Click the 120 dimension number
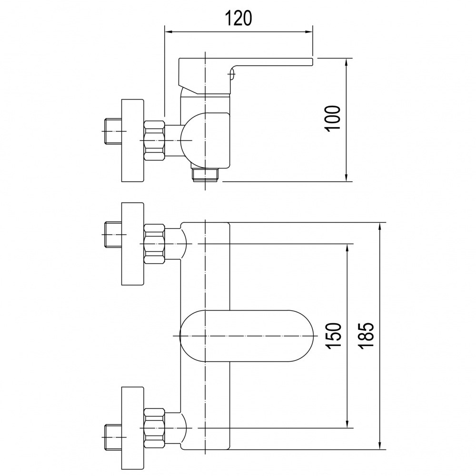point(238,19)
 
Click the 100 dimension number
point(332,119)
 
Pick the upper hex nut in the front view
point(154,243)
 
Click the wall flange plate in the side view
point(132,140)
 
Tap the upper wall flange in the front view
point(132,244)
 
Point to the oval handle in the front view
point(246,336)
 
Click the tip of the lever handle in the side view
point(312,61)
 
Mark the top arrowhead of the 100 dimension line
point(347,61)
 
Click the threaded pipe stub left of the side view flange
point(113,131)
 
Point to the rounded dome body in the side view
point(205,140)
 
